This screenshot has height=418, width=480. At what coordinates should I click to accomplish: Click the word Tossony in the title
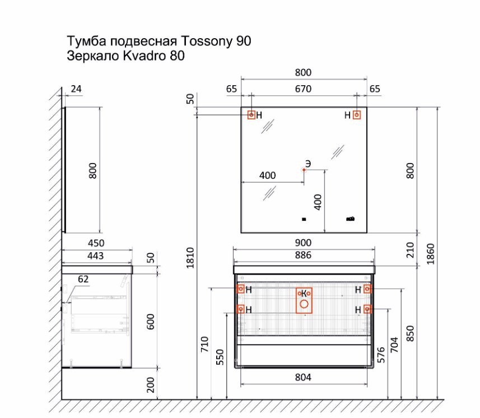(207, 41)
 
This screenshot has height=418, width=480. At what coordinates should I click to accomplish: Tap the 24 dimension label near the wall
(76, 89)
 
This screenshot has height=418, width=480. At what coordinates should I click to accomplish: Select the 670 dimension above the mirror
(303, 89)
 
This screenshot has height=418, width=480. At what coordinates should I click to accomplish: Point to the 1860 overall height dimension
(430, 254)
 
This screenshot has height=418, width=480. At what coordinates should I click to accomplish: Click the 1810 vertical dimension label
(190, 258)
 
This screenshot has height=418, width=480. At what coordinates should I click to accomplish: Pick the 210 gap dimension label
(410, 250)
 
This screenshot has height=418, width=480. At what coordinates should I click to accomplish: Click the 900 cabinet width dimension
(303, 243)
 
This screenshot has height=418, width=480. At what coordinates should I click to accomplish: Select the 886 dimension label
(303, 255)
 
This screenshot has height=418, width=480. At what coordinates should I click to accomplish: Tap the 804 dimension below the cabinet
(303, 377)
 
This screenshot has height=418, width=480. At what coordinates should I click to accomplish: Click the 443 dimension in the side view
(96, 256)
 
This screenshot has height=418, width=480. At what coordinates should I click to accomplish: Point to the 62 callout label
(83, 279)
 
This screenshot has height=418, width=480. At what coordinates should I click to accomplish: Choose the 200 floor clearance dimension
(151, 384)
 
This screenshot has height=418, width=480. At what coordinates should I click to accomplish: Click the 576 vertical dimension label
(381, 355)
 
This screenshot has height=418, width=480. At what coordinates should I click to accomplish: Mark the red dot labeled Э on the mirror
(304, 170)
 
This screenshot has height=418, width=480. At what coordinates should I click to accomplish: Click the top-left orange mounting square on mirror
(251, 115)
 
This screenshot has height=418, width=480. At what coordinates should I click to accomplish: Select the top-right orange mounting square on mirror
(357, 115)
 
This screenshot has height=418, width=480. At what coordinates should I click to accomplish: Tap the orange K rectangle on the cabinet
(296, 300)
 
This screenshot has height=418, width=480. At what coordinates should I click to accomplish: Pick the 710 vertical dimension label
(204, 344)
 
